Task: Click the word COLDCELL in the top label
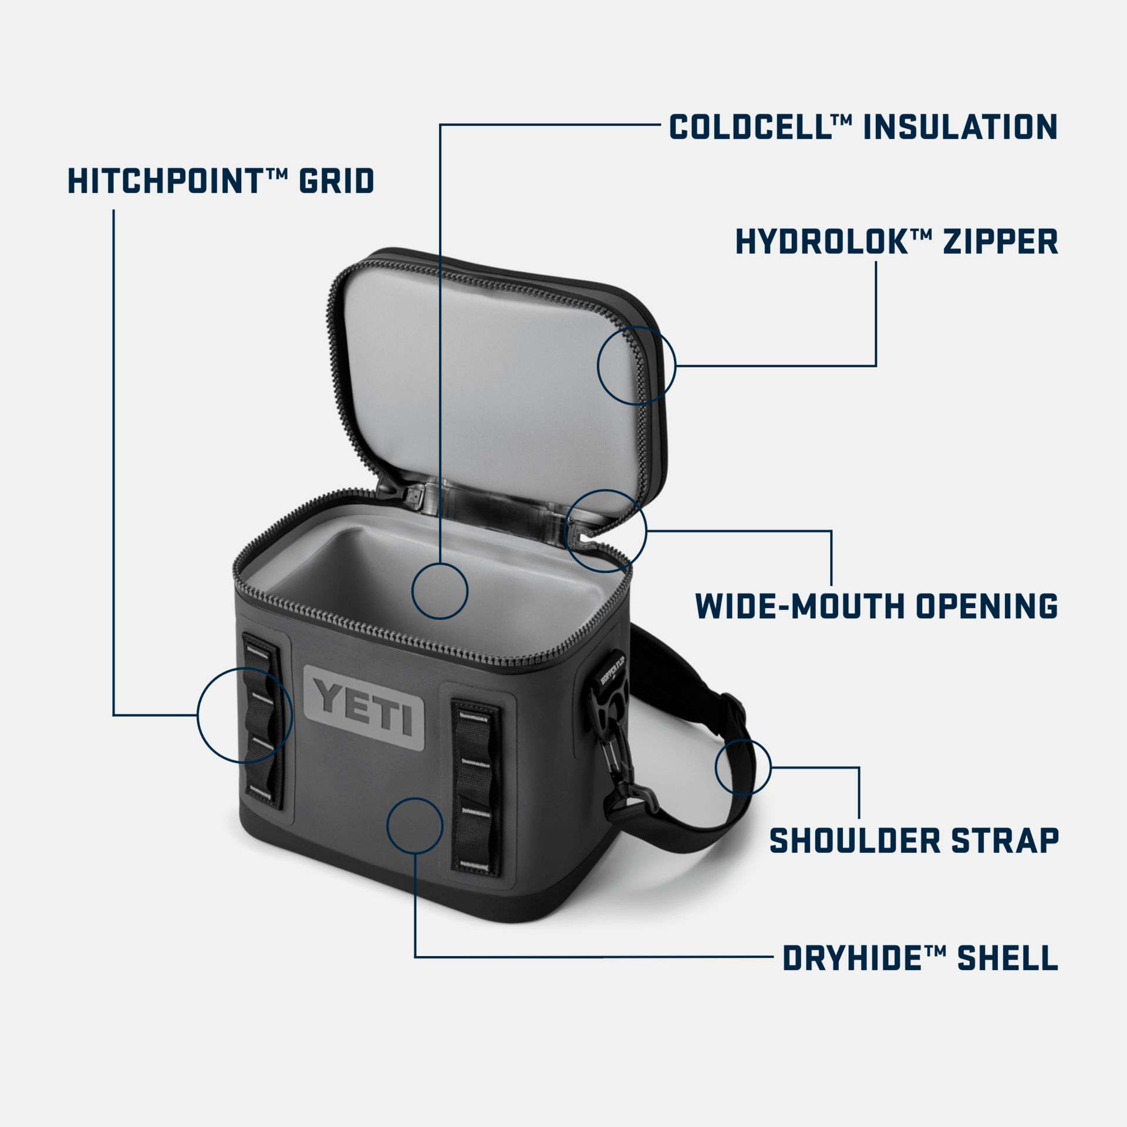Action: [750, 127]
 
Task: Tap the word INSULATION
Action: [960, 127]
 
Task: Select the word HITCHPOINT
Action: [164, 181]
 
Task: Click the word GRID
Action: [336, 181]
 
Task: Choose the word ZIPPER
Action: [1000, 241]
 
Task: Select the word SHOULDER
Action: [854, 841]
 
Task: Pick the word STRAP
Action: [1005, 841]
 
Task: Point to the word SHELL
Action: [1007, 959]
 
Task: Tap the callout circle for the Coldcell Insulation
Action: [440, 591]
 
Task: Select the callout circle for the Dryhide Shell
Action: [415, 825]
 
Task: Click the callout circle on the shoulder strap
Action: [743, 767]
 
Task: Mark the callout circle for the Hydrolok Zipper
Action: [636, 365]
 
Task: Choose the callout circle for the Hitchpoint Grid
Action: [244, 714]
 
